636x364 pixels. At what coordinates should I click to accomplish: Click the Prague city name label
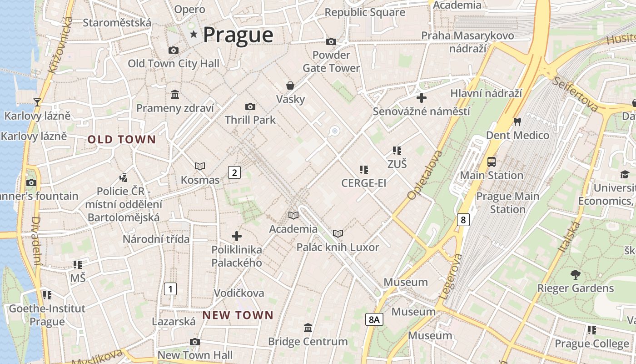tap(238, 35)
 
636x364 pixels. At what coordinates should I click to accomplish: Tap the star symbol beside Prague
tap(194, 34)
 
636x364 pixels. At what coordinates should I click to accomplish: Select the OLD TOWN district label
tap(122, 140)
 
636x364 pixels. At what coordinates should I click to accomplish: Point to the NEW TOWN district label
tap(238, 315)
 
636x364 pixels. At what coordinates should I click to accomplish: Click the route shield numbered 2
tap(234, 172)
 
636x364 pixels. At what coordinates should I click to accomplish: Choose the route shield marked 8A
tap(374, 319)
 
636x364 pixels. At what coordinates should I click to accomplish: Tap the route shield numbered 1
tap(170, 288)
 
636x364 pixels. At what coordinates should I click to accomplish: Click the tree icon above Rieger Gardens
tap(575, 275)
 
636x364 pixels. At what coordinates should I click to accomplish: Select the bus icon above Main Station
tap(492, 162)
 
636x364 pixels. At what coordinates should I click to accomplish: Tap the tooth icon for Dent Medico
tap(517, 122)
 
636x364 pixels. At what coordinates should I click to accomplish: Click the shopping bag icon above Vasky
tap(290, 86)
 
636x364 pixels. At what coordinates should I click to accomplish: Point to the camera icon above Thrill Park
tap(250, 107)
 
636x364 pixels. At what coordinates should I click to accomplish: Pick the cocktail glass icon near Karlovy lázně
tap(37, 102)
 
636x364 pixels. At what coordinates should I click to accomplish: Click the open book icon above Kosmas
tap(200, 167)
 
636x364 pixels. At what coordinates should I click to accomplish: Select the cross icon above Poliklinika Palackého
tap(237, 236)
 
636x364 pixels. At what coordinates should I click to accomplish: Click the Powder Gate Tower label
tap(331, 61)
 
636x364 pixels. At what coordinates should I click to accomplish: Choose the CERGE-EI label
tap(364, 183)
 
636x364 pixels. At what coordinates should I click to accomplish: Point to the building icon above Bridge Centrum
tap(308, 328)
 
